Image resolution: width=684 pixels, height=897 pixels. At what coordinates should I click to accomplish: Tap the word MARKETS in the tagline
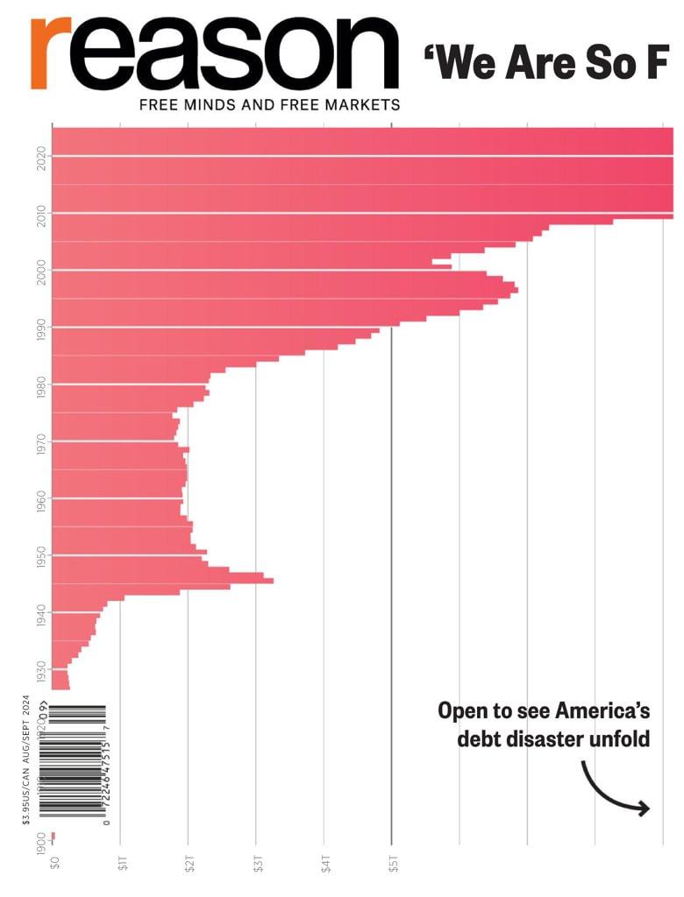360,105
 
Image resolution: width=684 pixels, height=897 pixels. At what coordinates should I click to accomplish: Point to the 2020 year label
41,157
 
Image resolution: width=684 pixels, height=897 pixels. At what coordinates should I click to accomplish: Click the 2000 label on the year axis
41,270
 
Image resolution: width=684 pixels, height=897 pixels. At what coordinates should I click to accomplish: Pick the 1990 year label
41,327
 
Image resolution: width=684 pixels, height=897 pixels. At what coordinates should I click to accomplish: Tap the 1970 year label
41,441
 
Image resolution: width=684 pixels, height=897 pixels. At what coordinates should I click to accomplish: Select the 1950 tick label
41,554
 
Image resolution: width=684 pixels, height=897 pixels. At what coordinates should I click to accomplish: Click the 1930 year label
41,668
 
